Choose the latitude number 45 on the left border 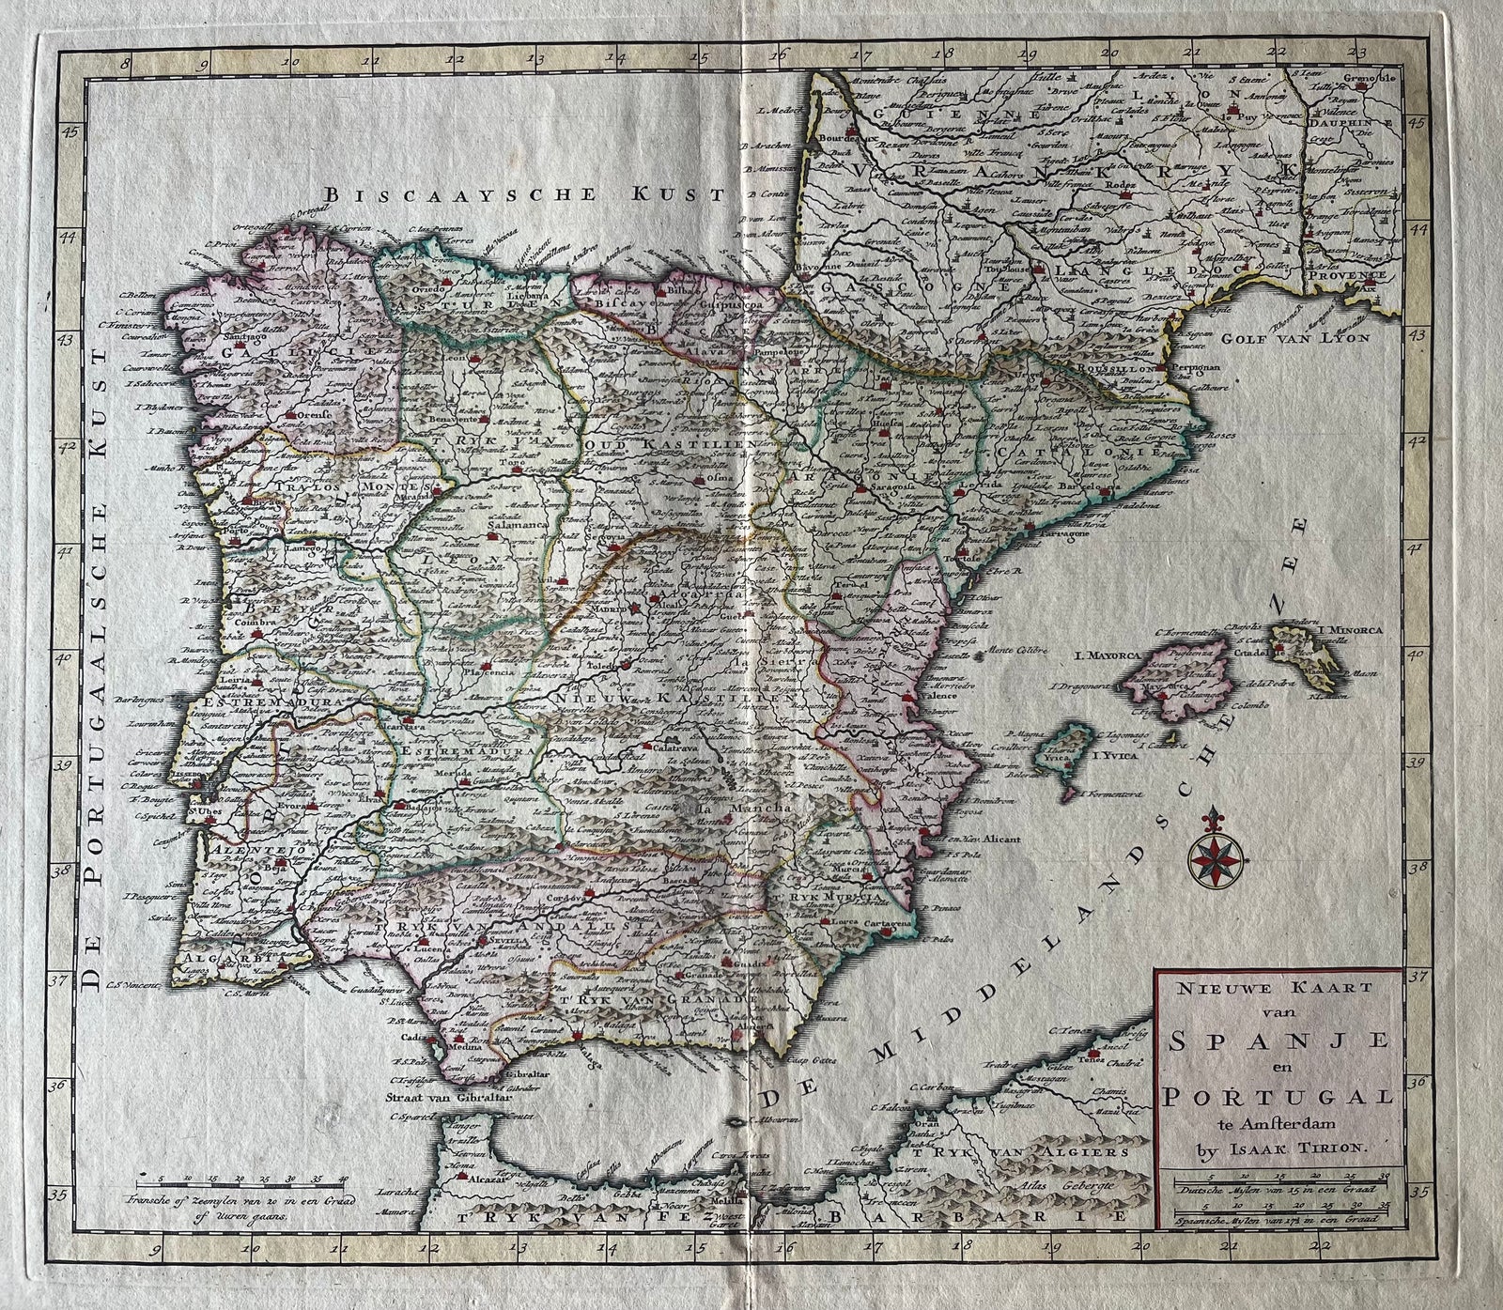point(69,132)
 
